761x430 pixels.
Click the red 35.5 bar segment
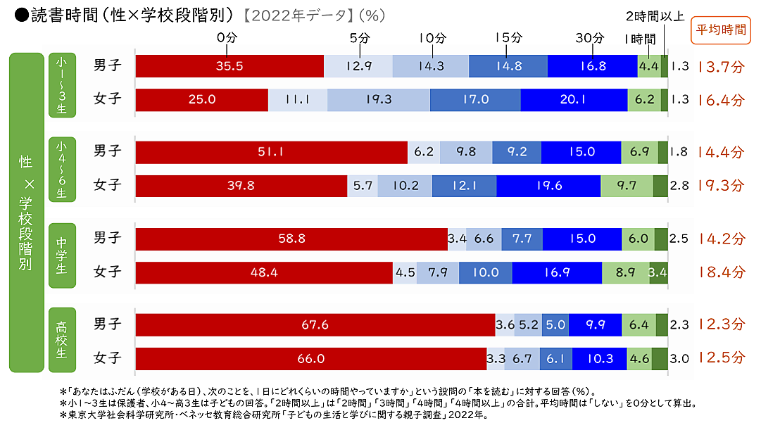tap(229, 66)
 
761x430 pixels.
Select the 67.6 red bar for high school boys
tap(315, 325)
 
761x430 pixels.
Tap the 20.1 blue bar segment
tap(574, 100)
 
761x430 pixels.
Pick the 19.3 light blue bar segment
tap(378, 100)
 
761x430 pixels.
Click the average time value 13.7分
tap(721, 67)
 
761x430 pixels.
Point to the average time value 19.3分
tap(721, 186)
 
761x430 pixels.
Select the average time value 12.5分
tap(721, 359)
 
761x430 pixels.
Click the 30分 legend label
tap(593, 37)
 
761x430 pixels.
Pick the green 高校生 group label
tap(61, 340)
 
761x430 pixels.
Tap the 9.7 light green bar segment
tap(627, 186)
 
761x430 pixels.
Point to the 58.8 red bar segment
tap(291, 239)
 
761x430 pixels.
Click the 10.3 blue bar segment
tap(600, 359)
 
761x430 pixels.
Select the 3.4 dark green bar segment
tap(658, 272)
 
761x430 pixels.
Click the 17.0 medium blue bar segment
tap(475, 100)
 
